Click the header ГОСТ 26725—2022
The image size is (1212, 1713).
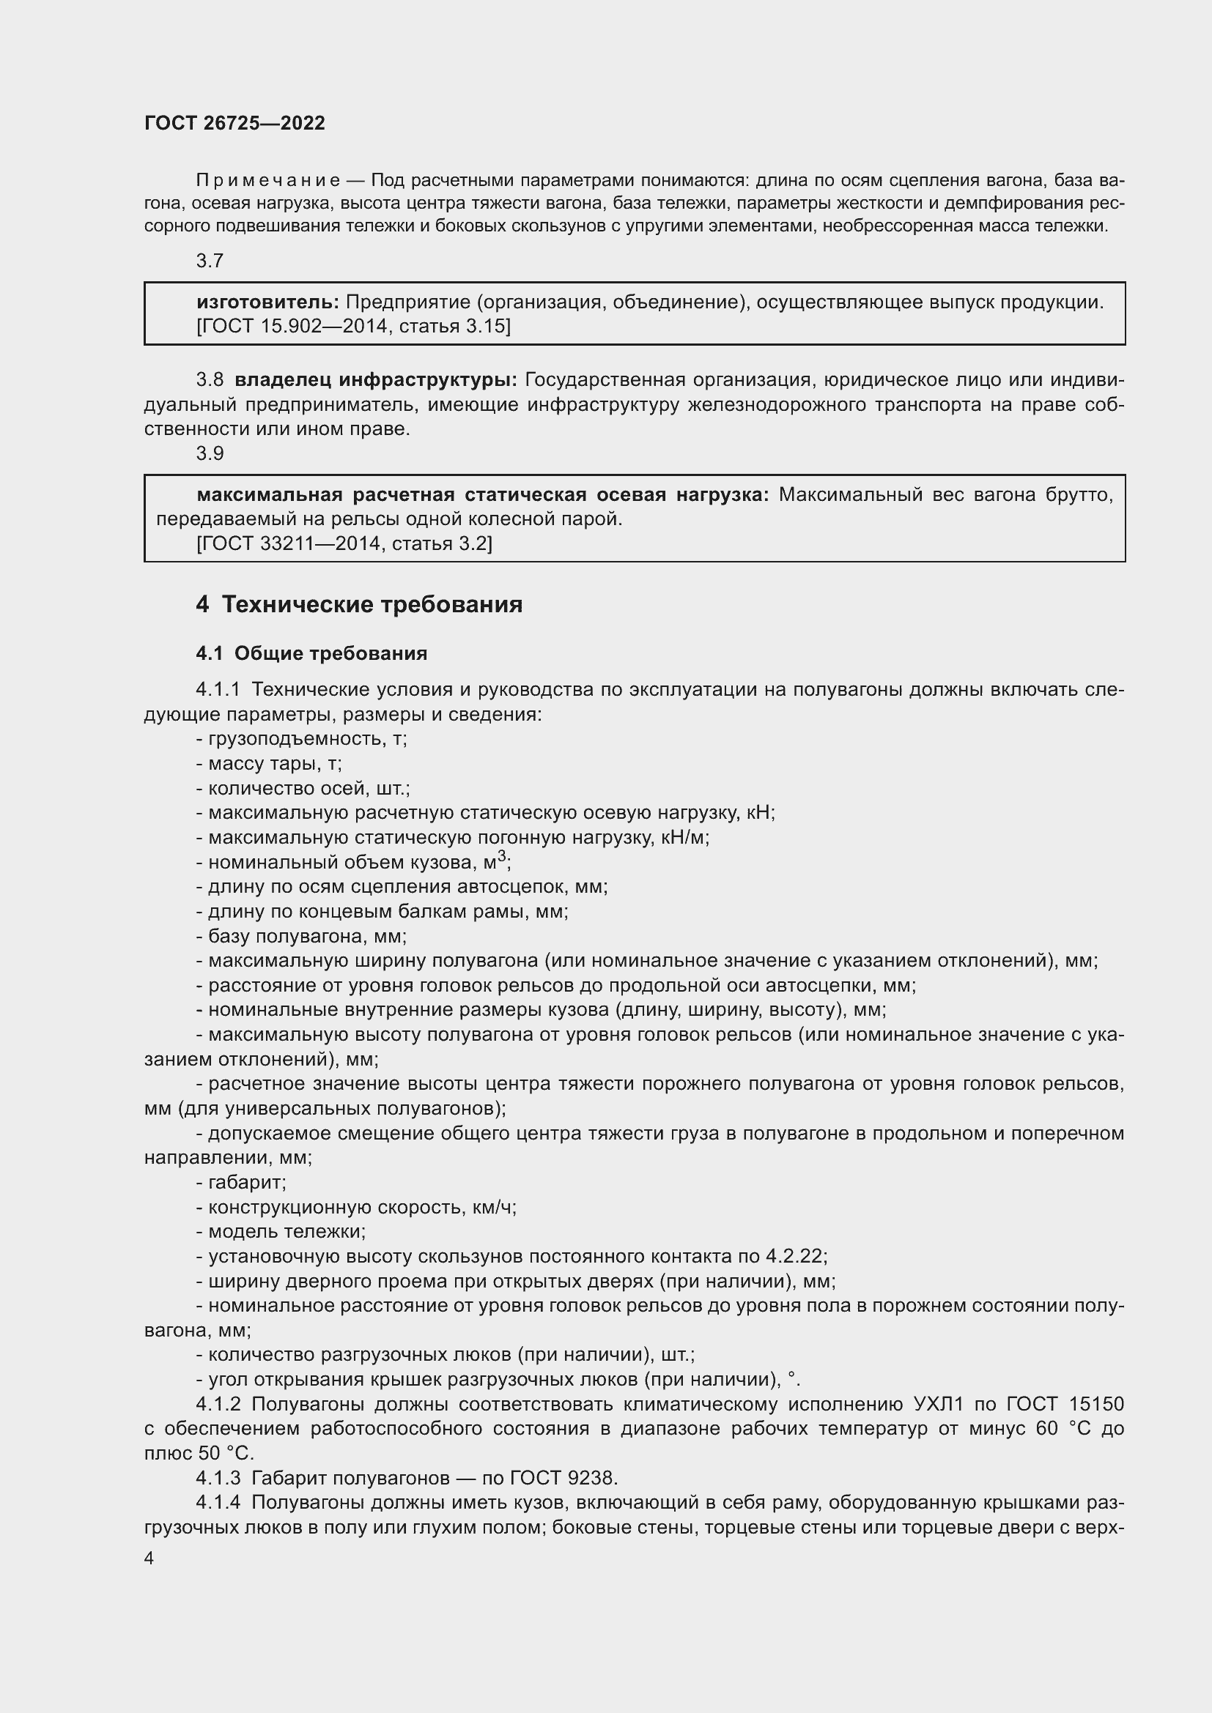coord(234,123)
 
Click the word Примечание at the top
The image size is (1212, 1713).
coord(269,180)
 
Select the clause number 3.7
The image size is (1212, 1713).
coord(210,261)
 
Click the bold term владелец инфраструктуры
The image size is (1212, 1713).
coord(375,380)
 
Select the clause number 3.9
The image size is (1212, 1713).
coord(210,453)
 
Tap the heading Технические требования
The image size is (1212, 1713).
coord(372,603)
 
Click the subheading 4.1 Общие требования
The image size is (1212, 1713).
coord(311,653)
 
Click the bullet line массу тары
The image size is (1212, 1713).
coord(269,763)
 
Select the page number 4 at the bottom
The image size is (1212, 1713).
coord(149,1558)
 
